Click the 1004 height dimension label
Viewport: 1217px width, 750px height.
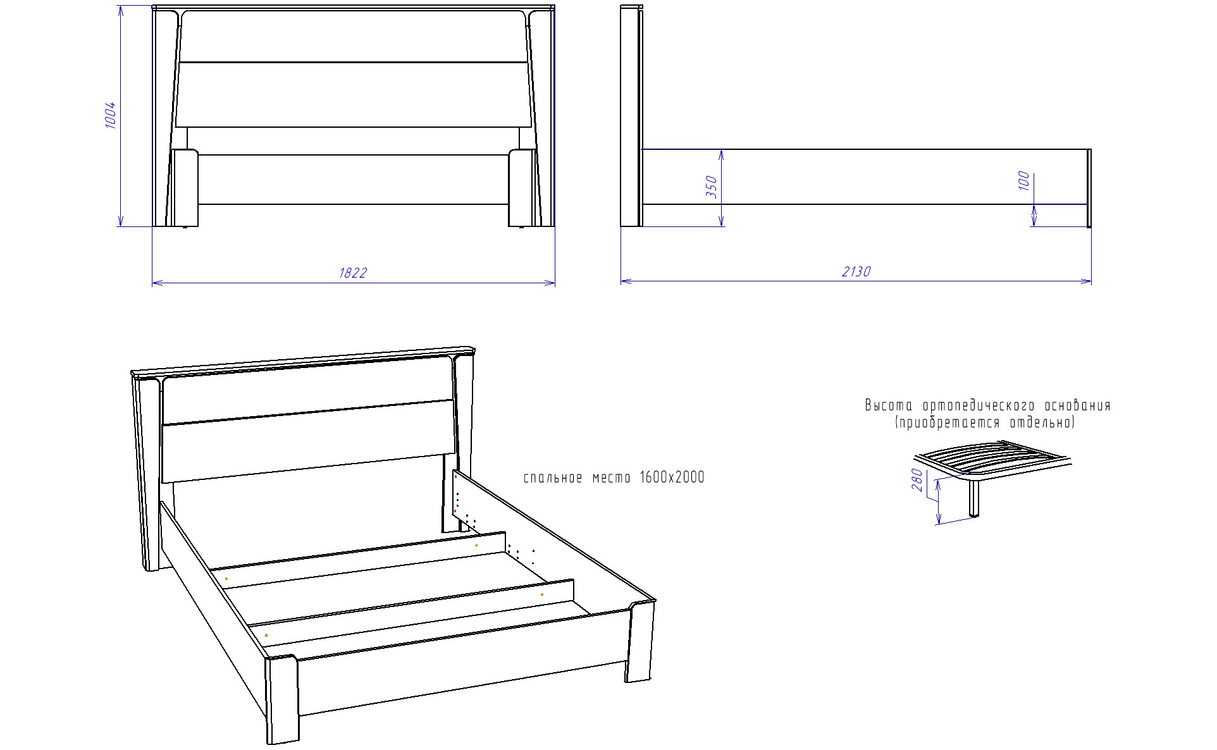(111, 115)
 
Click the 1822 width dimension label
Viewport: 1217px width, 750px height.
(353, 273)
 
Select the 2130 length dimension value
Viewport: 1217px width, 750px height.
(856, 271)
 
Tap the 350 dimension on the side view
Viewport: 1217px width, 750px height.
(712, 187)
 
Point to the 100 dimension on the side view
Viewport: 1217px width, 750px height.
(1025, 181)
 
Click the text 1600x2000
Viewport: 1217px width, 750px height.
(672, 477)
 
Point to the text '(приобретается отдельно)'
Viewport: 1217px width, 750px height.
(984, 422)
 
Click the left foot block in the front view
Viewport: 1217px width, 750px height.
(185, 187)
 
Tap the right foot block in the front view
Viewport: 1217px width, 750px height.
(522, 187)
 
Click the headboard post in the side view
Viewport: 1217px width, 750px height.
(631, 116)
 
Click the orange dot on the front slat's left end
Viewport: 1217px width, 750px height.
(266, 634)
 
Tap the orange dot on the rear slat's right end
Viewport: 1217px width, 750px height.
(476, 544)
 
